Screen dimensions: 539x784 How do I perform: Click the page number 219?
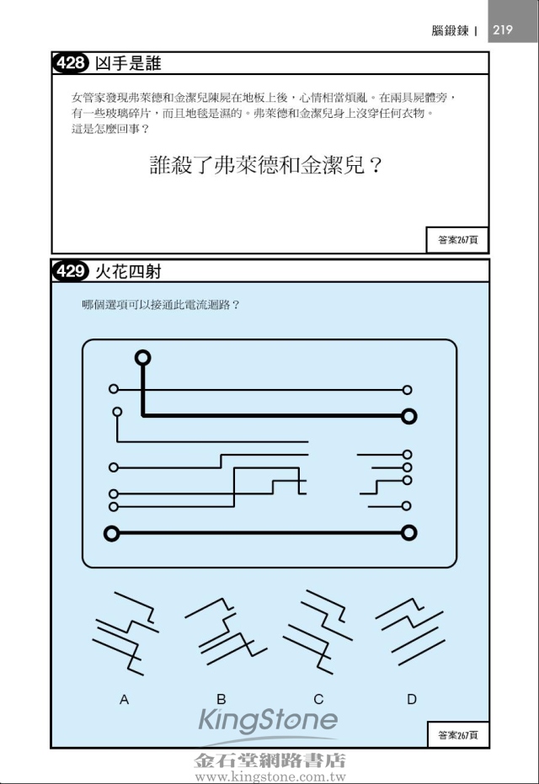point(503,30)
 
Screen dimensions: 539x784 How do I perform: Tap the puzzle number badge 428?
point(71,63)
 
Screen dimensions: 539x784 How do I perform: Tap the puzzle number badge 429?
point(71,271)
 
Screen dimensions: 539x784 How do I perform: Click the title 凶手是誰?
point(128,63)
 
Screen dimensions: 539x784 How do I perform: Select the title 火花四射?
point(128,271)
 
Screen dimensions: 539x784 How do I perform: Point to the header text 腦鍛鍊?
point(450,30)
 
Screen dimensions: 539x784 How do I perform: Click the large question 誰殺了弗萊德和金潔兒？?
point(266,165)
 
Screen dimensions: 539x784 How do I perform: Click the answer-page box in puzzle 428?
point(457,240)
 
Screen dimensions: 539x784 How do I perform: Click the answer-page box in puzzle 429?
point(457,734)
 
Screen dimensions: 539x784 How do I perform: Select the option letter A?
point(124,700)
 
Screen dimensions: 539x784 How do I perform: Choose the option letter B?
point(221,699)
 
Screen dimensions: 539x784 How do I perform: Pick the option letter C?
point(318,699)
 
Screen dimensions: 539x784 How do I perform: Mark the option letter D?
point(412,699)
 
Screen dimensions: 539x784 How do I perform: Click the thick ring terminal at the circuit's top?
point(142,358)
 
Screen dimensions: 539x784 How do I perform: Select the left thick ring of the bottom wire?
point(111,534)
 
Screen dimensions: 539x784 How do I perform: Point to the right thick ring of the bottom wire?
point(409,533)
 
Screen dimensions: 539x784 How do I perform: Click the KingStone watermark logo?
point(268,721)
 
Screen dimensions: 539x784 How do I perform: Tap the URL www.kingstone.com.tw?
point(270,777)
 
